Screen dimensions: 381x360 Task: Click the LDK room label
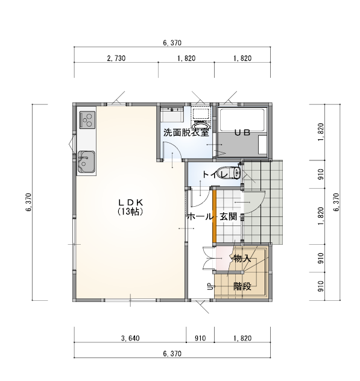point(130,203)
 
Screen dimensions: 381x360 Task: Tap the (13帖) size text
point(130,212)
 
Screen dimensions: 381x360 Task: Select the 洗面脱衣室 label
point(186,133)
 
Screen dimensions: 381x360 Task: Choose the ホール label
point(200,216)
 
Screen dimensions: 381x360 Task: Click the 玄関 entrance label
point(228,216)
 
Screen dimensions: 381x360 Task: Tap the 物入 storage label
point(242,259)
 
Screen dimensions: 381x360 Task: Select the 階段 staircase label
point(242,286)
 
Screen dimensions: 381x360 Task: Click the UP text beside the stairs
point(210,286)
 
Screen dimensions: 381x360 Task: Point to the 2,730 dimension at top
point(116,58)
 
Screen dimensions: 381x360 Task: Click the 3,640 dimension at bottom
point(130,338)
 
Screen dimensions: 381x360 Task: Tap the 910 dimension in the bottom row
point(200,338)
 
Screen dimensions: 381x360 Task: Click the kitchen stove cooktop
point(87,120)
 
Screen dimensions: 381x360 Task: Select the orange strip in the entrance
point(214,216)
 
